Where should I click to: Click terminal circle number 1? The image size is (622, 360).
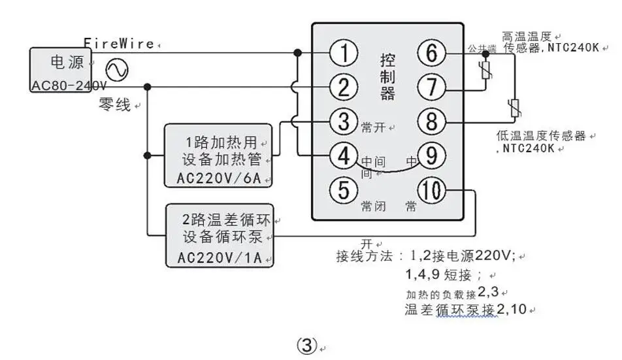(344, 53)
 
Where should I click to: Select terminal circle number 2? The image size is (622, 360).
(344, 88)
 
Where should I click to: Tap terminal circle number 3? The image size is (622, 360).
(344, 122)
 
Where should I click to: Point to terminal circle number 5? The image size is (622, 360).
(344, 189)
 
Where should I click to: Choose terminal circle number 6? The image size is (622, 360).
(432, 53)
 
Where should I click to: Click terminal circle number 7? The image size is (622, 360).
(432, 88)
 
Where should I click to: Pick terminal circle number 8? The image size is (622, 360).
(432, 122)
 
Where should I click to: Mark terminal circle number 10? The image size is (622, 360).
(432, 190)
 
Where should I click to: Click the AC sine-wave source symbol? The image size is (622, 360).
(117, 70)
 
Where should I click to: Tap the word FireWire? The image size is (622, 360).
(119, 43)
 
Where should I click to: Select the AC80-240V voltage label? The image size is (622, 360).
(69, 85)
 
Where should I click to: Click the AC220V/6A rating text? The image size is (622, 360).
(219, 178)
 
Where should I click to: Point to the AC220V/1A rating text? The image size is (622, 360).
(220, 257)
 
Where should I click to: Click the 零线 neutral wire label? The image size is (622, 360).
(114, 105)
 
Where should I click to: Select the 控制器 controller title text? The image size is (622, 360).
(387, 77)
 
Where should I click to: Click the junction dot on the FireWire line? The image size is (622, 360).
(297, 53)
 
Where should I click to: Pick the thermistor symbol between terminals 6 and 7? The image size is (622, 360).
(485, 71)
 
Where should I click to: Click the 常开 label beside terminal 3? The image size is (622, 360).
(373, 127)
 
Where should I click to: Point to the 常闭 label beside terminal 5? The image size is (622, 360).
(373, 206)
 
